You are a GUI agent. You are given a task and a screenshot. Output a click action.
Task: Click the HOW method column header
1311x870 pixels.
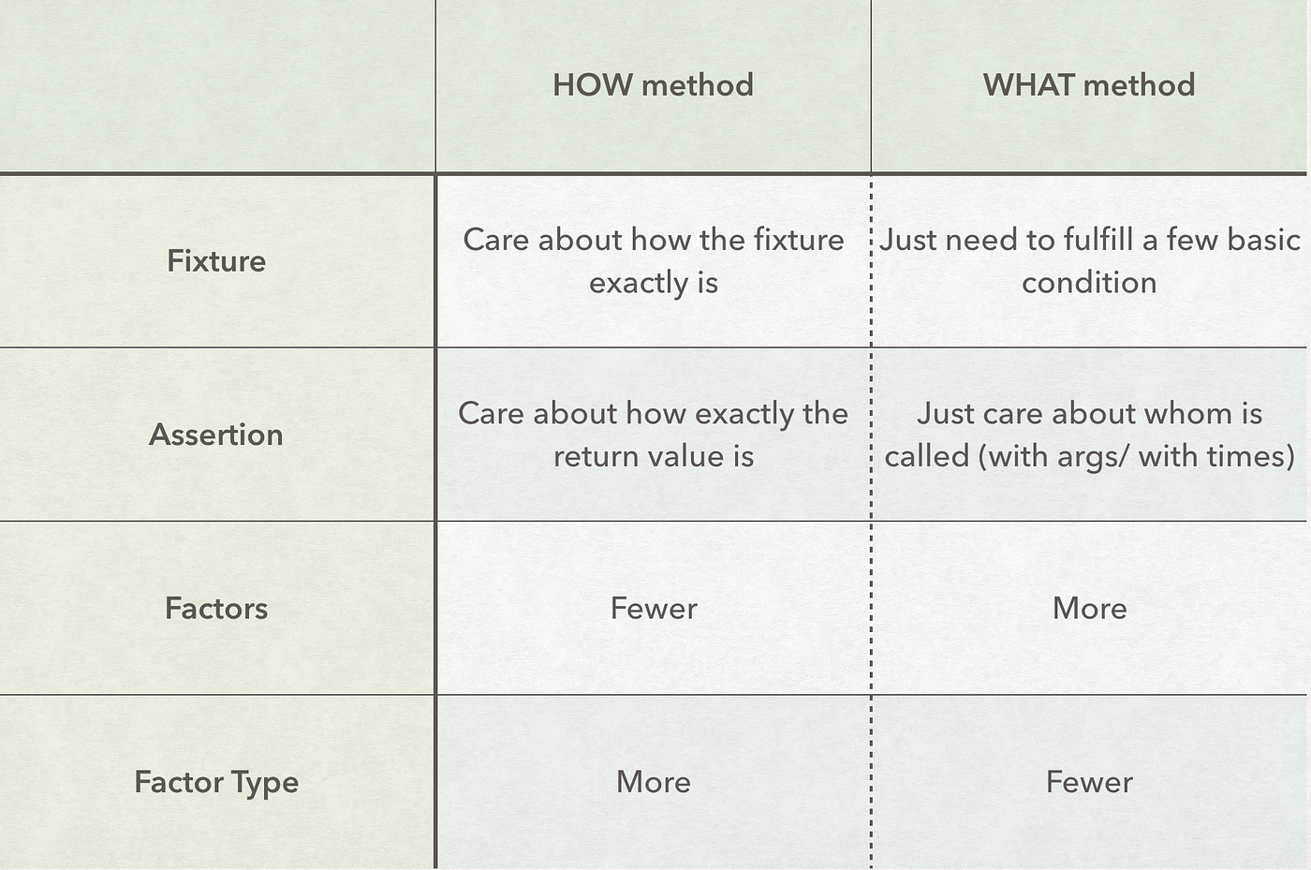(653, 85)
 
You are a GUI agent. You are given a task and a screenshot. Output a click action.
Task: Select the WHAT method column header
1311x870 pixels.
(1088, 85)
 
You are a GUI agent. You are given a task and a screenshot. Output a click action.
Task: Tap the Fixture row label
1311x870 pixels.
(216, 260)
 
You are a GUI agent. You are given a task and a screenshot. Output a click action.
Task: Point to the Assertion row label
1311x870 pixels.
(216, 435)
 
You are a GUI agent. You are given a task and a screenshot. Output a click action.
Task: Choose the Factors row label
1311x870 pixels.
(216, 609)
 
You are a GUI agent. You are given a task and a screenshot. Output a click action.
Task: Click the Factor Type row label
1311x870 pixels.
(216, 782)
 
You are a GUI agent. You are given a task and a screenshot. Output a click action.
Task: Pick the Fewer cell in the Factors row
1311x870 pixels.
(654, 609)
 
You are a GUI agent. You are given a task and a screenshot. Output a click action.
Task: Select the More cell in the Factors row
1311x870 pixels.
(1089, 609)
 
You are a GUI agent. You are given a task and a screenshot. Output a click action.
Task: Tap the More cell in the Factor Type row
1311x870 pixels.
(654, 782)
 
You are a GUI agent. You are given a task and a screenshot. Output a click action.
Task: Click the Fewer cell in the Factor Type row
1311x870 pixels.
(1089, 782)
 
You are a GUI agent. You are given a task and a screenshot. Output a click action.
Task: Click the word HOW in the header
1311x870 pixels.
(592, 85)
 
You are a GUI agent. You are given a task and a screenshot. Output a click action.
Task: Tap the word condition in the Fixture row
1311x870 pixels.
(1089, 283)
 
